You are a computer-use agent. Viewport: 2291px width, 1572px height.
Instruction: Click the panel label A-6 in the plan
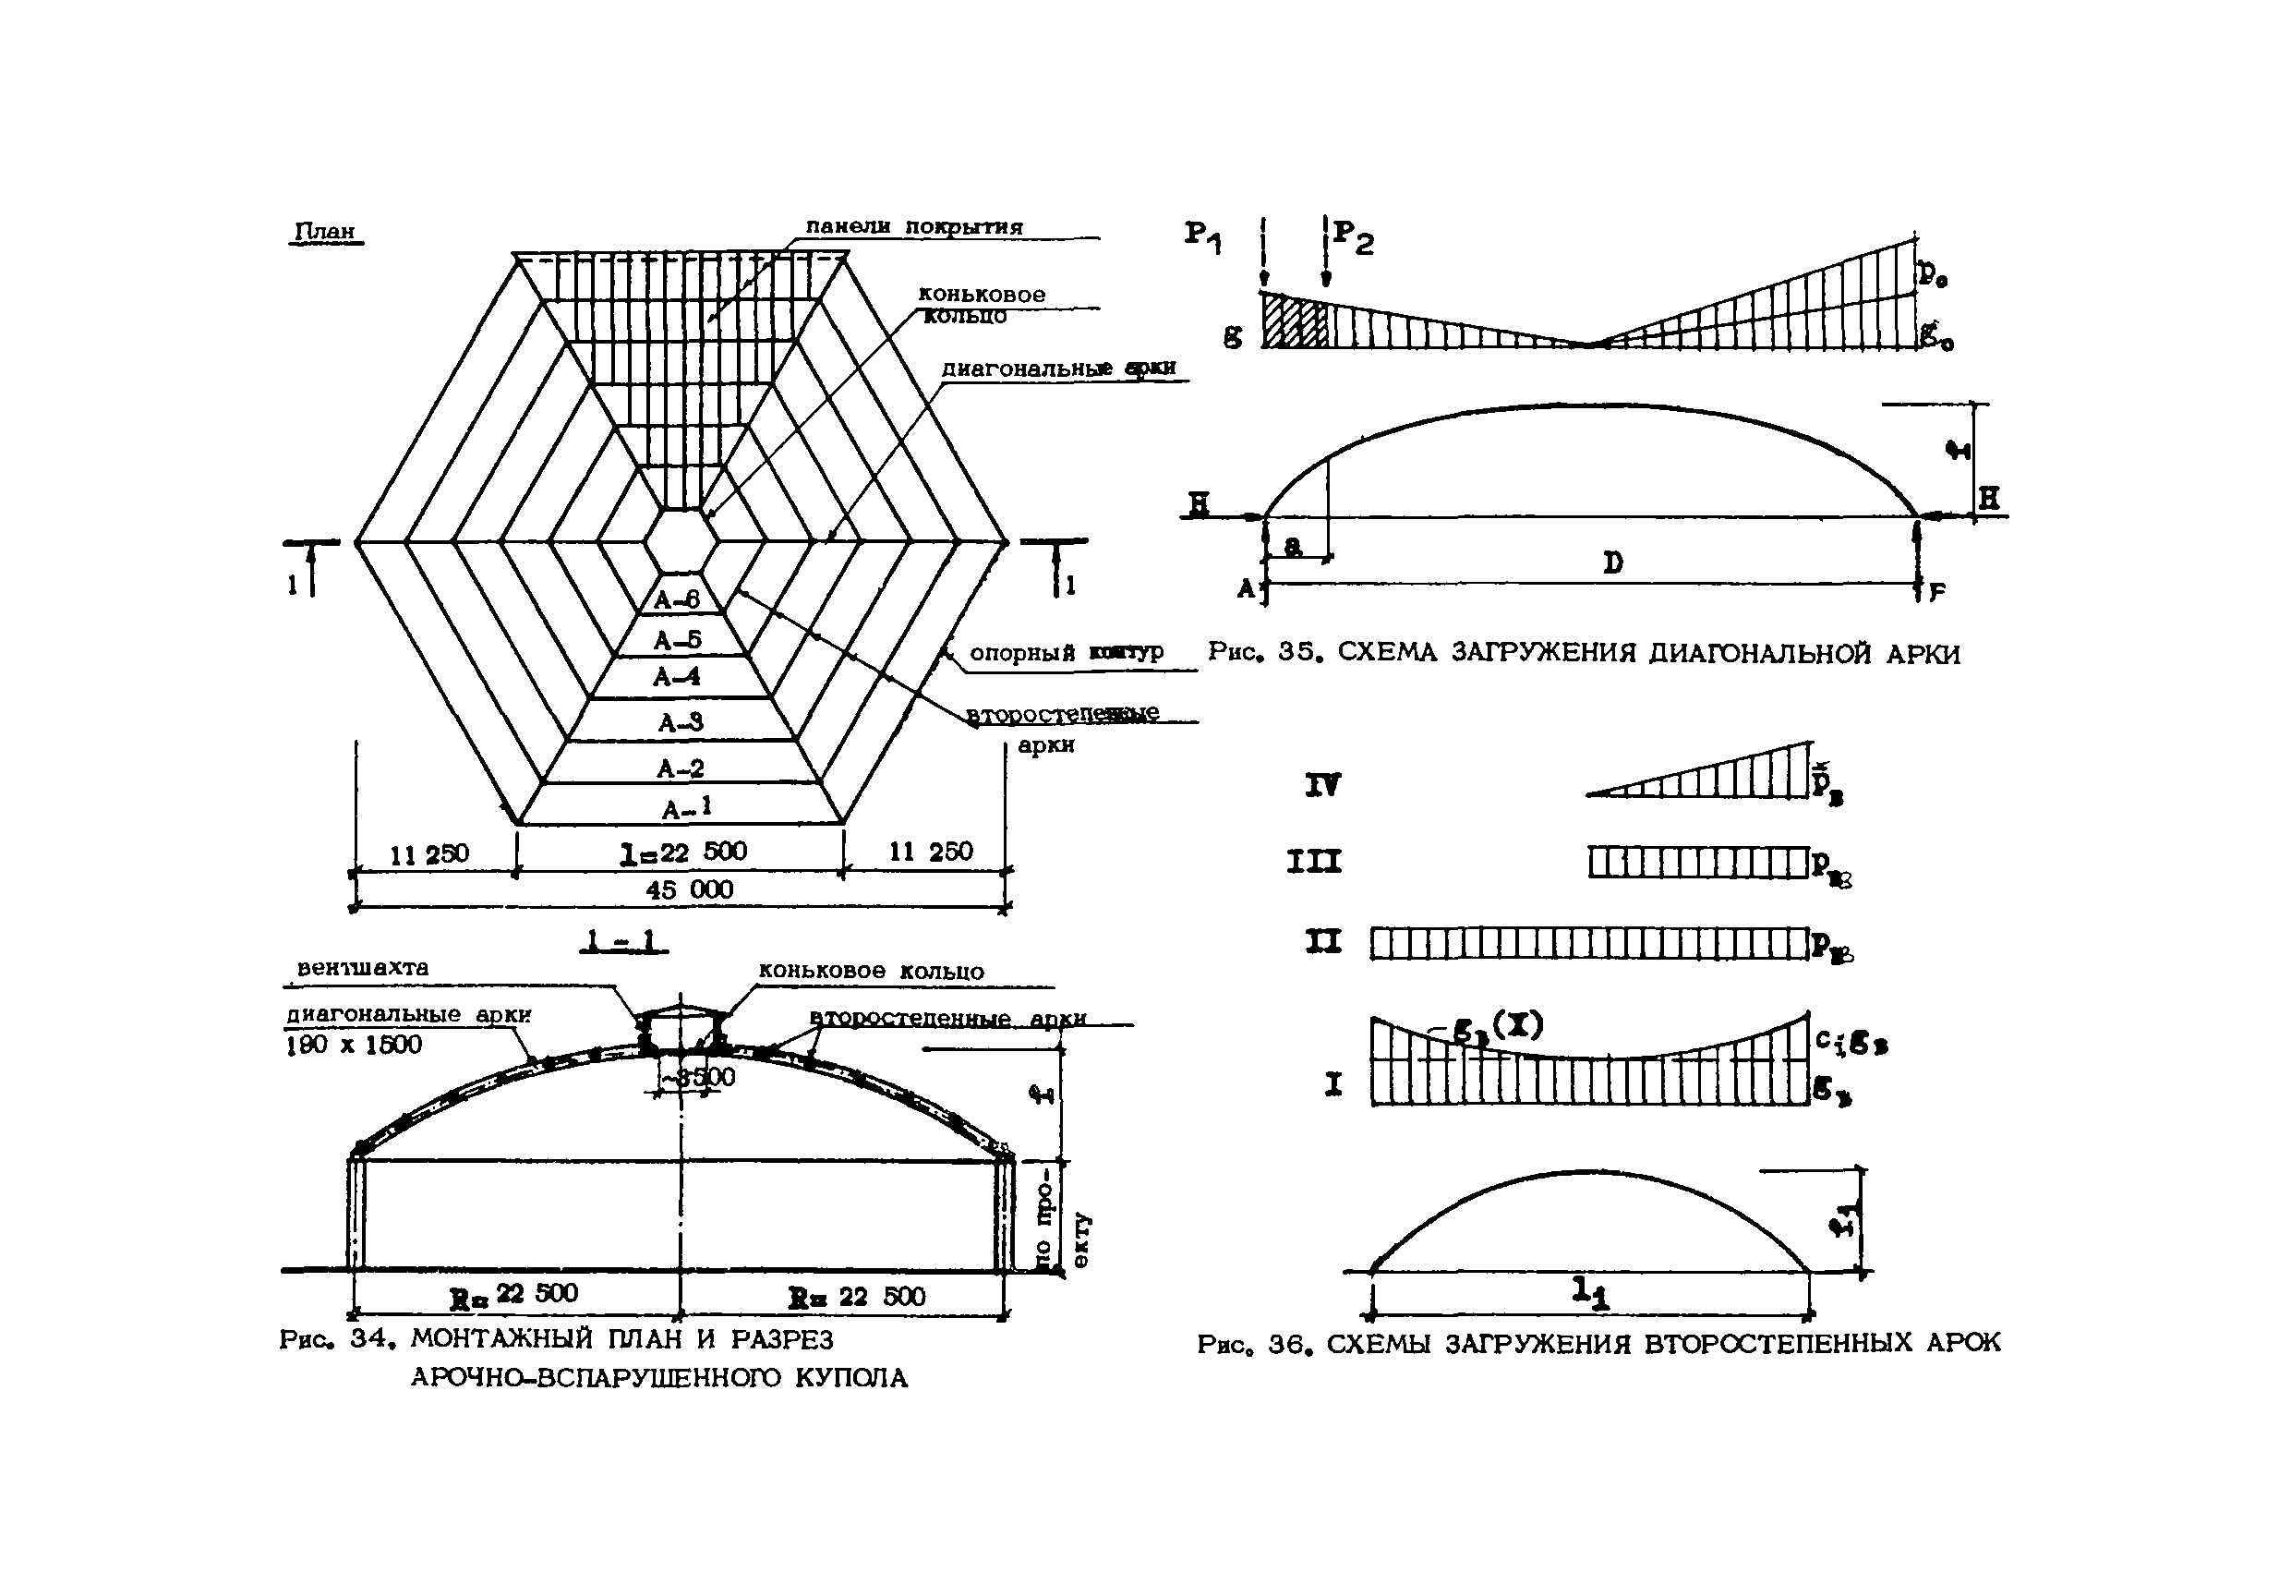click(x=676, y=599)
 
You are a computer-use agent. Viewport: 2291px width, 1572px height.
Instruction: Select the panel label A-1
click(x=686, y=810)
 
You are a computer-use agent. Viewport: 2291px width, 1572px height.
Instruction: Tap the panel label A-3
click(x=681, y=723)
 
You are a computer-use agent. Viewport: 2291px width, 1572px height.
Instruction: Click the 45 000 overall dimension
click(x=689, y=889)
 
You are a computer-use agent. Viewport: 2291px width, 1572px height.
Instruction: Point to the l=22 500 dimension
click(x=682, y=853)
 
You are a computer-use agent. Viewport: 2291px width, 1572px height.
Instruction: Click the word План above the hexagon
click(x=325, y=231)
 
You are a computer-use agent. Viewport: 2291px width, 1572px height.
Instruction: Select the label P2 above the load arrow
click(x=1353, y=236)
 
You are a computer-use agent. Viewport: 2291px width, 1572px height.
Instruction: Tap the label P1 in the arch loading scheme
click(x=1202, y=236)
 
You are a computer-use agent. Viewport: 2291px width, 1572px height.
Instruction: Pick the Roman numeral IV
click(x=1323, y=785)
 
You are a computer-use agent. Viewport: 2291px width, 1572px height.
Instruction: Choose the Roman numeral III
click(x=1314, y=862)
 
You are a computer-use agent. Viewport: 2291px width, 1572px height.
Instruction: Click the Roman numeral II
click(x=1323, y=943)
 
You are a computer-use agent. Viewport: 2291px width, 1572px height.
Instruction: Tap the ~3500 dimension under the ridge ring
click(x=698, y=1076)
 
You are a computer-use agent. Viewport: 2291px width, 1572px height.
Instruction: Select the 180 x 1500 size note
click(x=354, y=1046)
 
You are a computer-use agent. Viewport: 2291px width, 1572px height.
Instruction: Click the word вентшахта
click(x=363, y=967)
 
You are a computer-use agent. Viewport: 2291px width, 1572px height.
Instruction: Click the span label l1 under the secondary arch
click(x=1590, y=1293)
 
